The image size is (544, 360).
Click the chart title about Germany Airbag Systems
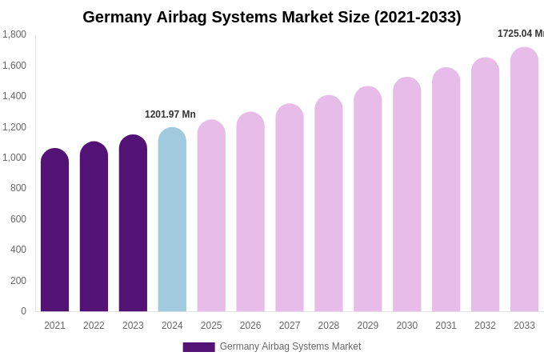click(x=272, y=17)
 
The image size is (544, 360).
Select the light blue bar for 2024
click(x=172, y=220)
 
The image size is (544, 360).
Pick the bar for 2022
click(x=94, y=227)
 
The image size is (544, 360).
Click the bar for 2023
click(x=133, y=224)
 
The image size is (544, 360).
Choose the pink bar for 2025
click(x=211, y=216)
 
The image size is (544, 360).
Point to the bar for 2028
click(x=329, y=204)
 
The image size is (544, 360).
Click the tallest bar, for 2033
click(x=524, y=180)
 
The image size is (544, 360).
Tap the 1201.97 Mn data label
click(x=170, y=114)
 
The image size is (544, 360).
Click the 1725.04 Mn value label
click(x=520, y=34)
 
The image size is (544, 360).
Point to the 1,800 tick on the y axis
click(x=14, y=34)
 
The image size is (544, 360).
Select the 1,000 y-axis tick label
click(x=14, y=158)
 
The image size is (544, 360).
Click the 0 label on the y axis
click(x=23, y=311)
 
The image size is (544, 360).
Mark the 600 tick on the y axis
click(x=18, y=219)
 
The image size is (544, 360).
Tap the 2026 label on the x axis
click(x=250, y=326)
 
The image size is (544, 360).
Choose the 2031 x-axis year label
click(x=446, y=326)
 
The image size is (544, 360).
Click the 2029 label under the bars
click(x=368, y=326)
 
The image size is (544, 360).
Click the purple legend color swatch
click(x=198, y=347)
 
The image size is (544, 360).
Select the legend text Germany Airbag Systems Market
click(x=290, y=346)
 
